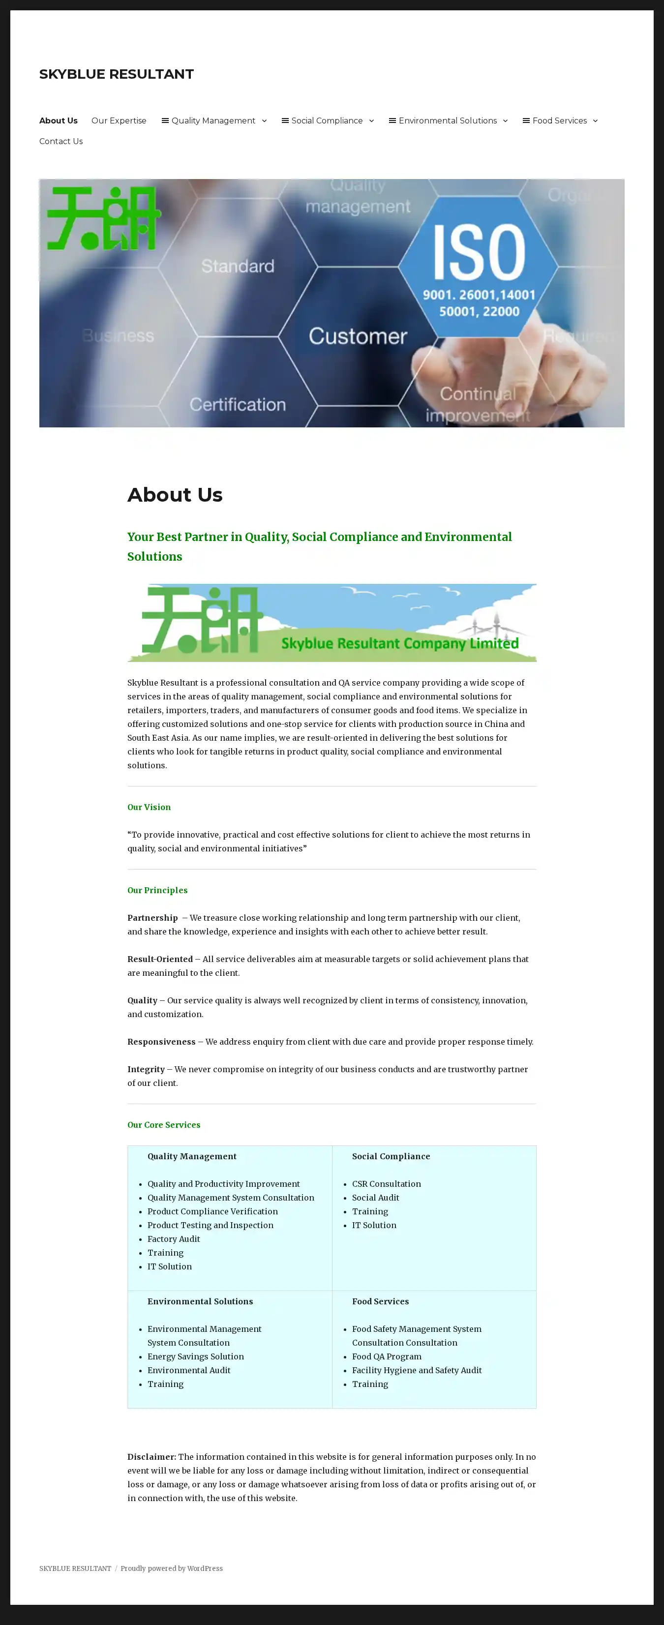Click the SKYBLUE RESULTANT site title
coord(116,74)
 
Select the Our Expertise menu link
coord(119,120)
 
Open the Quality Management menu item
coord(212,120)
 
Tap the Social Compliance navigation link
coord(326,120)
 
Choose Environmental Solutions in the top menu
coord(447,120)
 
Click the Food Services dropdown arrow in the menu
coord(595,120)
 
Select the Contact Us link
coord(60,141)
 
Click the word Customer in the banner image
coord(358,336)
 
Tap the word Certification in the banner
coord(237,404)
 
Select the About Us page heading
coord(175,495)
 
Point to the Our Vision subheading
coord(149,807)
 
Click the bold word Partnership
coord(152,918)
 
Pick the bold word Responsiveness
coord(161,1042)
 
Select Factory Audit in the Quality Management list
coord(174,1239)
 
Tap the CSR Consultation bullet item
coord(386,1184)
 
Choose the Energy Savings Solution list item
coord(195,1356)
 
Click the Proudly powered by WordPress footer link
coord(172,1568)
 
